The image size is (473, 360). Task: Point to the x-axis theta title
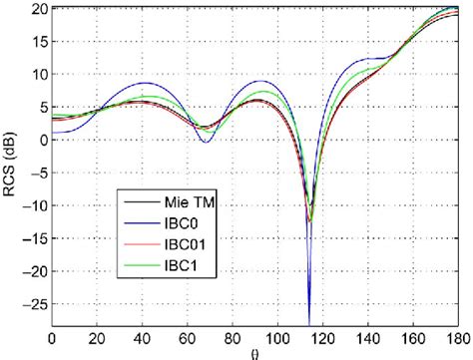pyautogui.click(x=255, y=352)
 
